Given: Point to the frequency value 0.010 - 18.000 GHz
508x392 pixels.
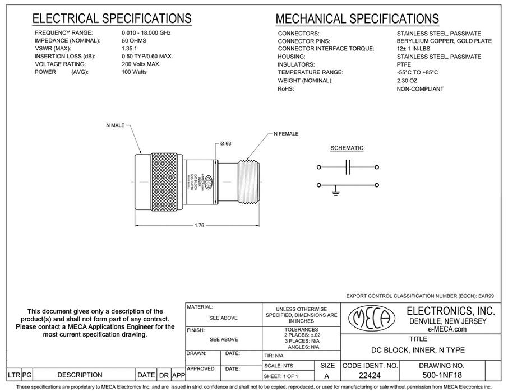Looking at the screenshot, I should (146, 33).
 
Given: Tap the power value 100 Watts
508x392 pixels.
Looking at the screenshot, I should (135, 72).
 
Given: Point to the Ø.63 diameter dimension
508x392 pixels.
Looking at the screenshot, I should (227, 143).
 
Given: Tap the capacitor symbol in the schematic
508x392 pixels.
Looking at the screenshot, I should (348, 167).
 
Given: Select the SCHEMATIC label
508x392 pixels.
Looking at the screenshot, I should (348, 148).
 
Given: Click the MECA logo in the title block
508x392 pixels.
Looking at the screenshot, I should (370, 319).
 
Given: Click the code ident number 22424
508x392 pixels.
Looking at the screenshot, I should (370, 375).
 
